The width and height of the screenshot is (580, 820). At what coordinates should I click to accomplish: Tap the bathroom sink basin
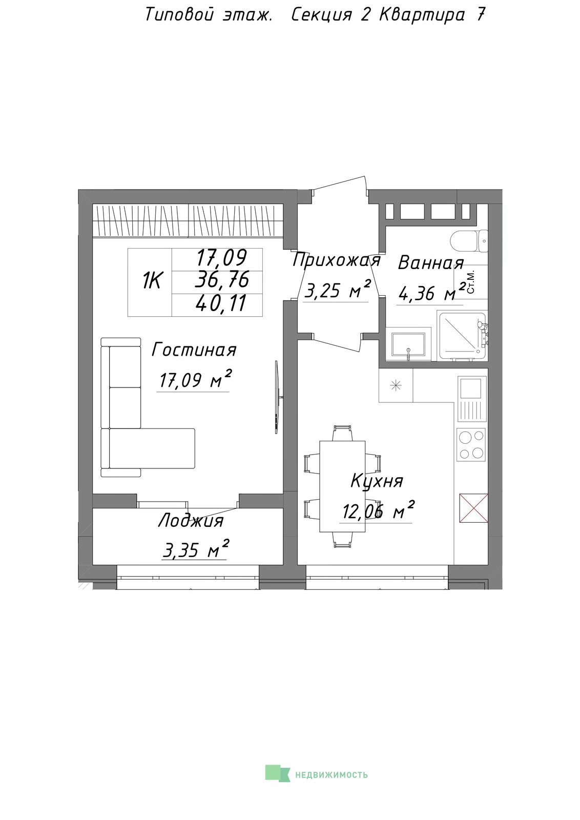pos(408,344)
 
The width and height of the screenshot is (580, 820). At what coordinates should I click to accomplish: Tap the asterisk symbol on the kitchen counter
pos(396,385)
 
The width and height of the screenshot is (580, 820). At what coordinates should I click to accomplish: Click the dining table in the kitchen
pos(342,486)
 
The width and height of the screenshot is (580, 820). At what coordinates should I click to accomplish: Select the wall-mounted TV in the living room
pos(277,397)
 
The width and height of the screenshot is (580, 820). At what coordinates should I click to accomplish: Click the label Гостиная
pos(194,350)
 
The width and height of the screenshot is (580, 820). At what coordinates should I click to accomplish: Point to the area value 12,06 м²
pos(378,510)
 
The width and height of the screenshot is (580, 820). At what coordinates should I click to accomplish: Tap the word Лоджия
pos(191,521)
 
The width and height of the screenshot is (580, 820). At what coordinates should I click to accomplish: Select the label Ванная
pos(431,263)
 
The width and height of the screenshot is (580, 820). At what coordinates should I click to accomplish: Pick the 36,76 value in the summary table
pos(222,280)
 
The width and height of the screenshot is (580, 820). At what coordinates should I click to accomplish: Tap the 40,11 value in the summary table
pos(221,303)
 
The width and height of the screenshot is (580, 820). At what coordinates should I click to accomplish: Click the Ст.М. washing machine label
pos(471,282)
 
